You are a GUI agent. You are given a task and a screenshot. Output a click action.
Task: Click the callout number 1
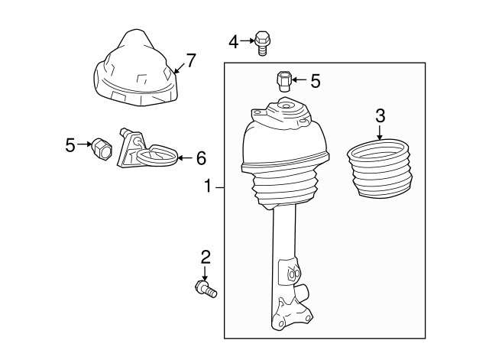pyautogui.click(x=208, y=186)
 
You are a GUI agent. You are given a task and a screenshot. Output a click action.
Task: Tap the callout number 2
pyautogui.click(x=206, y=257)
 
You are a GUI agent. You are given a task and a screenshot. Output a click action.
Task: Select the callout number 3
pyautogui.click(x=381, y=115)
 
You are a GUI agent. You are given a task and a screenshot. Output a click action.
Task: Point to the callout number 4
pyautogui.click(x=234, y=42)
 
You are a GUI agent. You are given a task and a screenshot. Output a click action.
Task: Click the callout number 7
pyautogui.click(x=190, y=60)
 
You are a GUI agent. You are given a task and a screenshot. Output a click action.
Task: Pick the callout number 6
pyautogui.click(x=201, y=158)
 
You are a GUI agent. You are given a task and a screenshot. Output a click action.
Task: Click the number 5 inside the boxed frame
pyautogui.click(x=316, y=81)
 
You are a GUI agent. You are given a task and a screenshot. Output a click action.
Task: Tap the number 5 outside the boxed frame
pyautogui.click(x=70, y=145)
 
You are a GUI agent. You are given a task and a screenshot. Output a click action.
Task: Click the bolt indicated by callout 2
pyautogui.click(x=206, y=289)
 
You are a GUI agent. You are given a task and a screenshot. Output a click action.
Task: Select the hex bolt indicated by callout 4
pyautogui.click(x=262, y=43)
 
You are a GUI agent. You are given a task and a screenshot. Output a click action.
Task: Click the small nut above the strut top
pyautogui.click(x=283, y=81)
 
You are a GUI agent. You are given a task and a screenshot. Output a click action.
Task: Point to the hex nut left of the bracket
pyautogui.click(x=102, y=149)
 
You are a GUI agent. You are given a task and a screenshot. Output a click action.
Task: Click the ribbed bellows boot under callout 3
pyautogui.click(x=380, y=168)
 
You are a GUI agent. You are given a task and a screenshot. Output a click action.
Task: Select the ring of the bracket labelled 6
pyautogui.click(x=157, y=155)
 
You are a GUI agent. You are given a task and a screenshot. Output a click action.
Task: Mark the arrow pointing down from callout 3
pyautogui.click(x=380, y=132)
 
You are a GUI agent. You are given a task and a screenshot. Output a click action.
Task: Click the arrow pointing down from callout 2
pyautogui.click(x=205, y=274)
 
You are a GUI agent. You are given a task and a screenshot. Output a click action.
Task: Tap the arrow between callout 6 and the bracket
pyautogui.click(x=186, y=158)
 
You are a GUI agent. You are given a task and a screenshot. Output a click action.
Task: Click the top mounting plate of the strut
pyautogui.click(x=283, y=113)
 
